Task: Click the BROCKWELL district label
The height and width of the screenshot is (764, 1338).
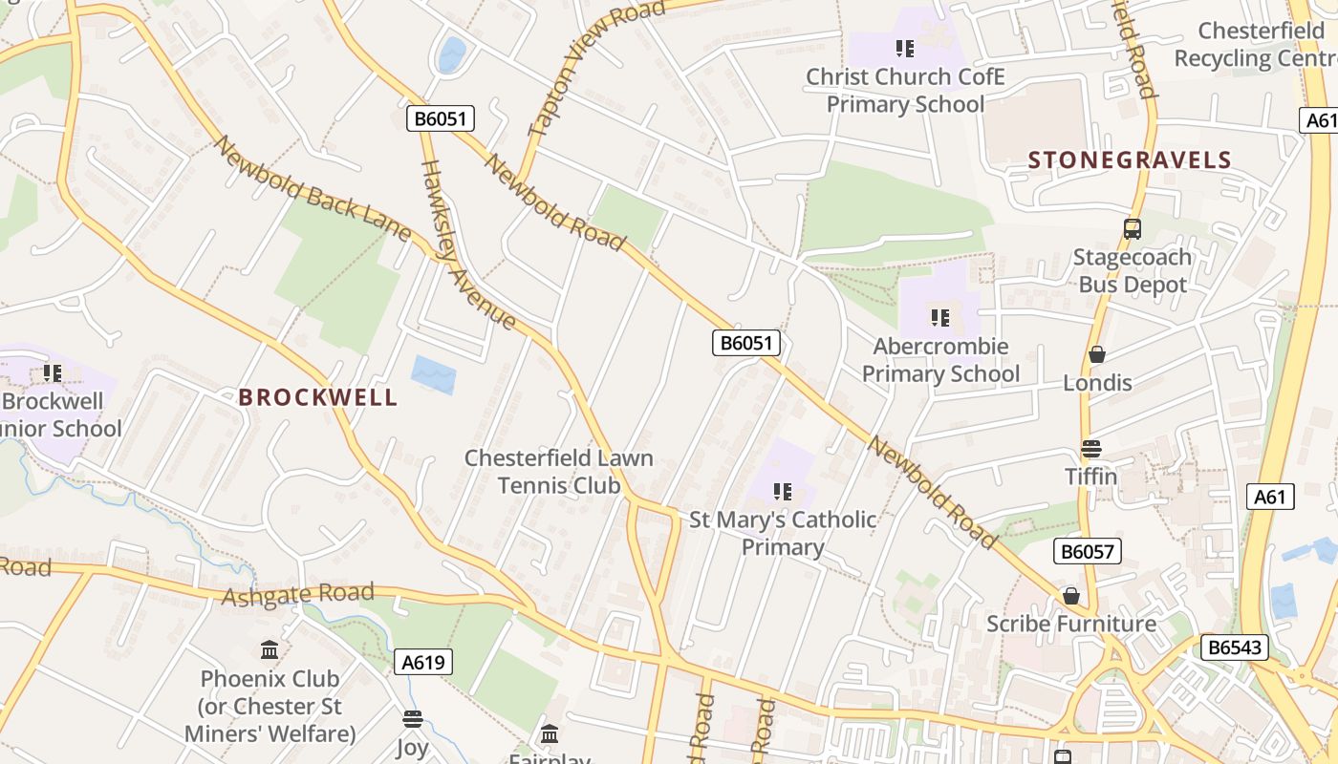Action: (317, 397)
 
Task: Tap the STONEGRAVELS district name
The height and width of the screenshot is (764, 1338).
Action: (1130, 159)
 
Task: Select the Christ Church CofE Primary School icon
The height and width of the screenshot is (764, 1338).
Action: (904, 48)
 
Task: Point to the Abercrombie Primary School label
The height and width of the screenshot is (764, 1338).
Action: (940, 360)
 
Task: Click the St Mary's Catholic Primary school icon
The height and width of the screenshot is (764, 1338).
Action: (783, 492)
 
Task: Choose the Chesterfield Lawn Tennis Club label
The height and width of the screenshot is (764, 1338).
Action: (559, 472)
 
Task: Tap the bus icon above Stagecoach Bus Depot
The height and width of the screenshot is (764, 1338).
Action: (1133, 229)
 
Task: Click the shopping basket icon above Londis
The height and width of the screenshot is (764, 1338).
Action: (1097, 354)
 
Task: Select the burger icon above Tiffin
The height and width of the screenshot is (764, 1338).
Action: (1091, 448)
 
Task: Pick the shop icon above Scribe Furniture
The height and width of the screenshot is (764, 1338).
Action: (1071, 596)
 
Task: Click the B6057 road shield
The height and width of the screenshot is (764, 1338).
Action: (1088, 550)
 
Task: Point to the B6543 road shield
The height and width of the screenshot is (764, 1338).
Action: (1233, 647)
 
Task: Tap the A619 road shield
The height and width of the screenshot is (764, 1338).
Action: (422, 662)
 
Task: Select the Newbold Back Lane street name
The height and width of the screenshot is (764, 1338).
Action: (312, 189)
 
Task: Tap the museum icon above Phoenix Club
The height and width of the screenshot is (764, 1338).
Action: (270, 650)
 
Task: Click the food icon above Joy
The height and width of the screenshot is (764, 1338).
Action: (413, 719)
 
